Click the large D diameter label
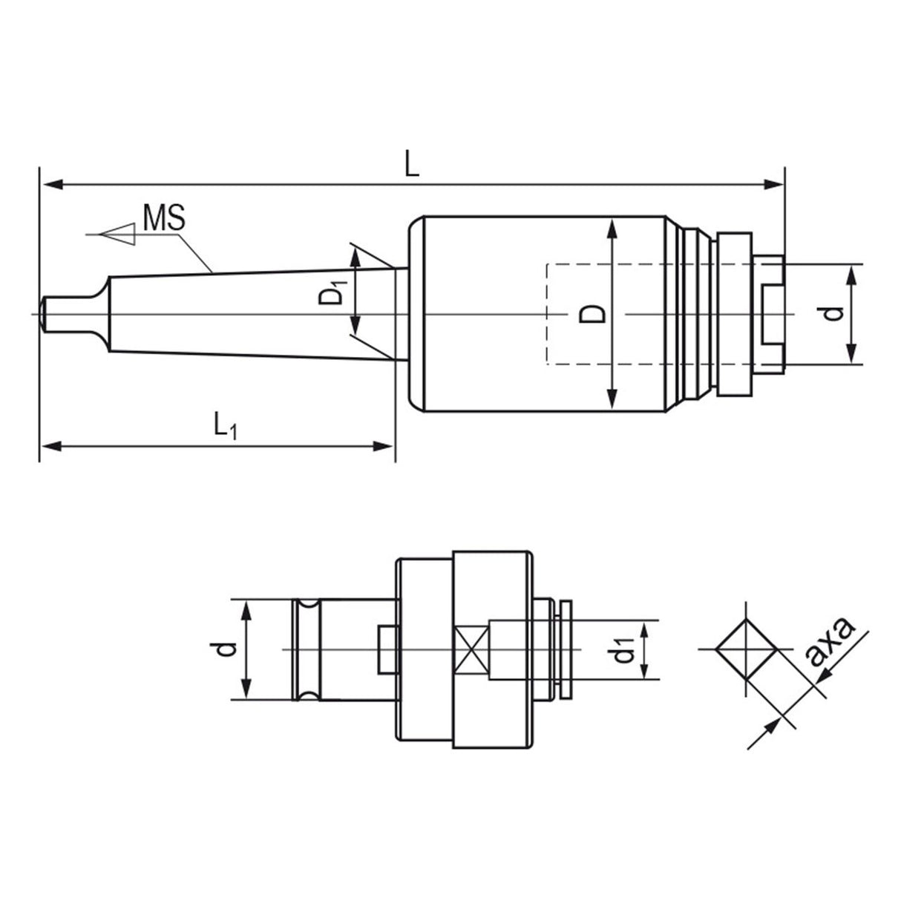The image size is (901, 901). [x=592, y=315]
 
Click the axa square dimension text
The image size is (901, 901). [x=830, y=642]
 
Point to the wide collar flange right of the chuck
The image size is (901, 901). [x=734, y=315]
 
